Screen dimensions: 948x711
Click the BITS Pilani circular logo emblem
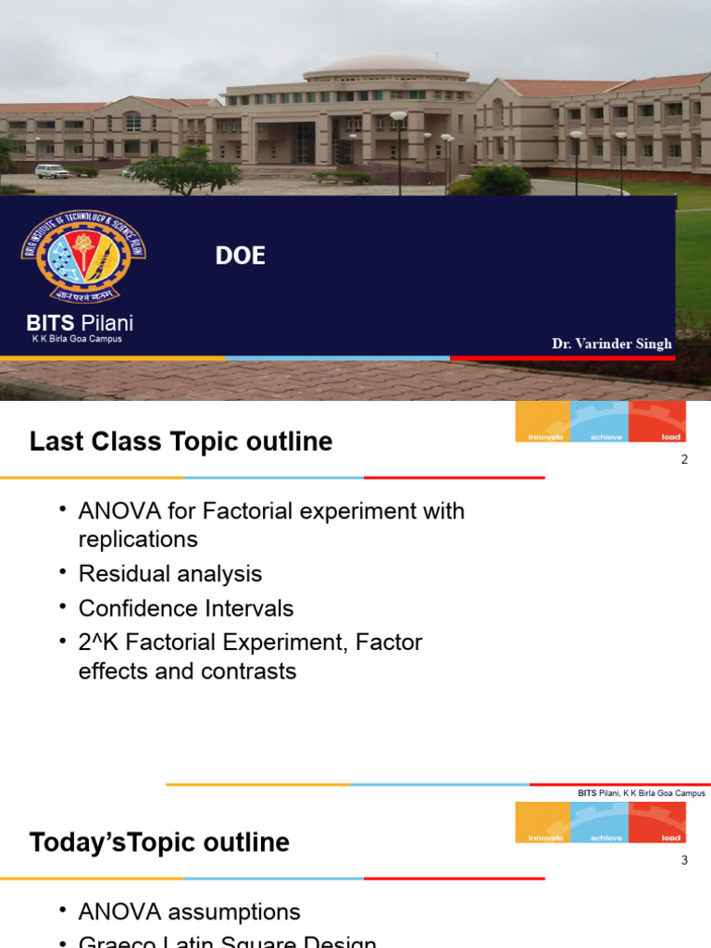click(x=83, y=256)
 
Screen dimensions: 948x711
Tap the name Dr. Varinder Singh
click(x=611, y=343)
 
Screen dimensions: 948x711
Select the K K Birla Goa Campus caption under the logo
click(x=78, y=339)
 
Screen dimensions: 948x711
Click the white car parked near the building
click(x=52, y=170)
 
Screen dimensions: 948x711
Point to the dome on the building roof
click(x=386, y=68)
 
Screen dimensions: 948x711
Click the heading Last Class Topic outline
click(x=181, y=442)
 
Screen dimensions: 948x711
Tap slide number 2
click(x=684, y=459)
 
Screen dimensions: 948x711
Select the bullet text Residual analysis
click(x=170, y=574)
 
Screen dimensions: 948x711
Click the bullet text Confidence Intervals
click(x=186, y=608)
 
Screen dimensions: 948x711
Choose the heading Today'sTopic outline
click(x=159, y=842)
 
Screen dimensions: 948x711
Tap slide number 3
click(x=684, y=860)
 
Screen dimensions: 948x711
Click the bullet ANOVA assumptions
click(x=190, y=912)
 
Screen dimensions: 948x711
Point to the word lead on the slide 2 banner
click(x=671, y=436)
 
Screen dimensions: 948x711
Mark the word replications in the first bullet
click(x=138, y=539)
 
